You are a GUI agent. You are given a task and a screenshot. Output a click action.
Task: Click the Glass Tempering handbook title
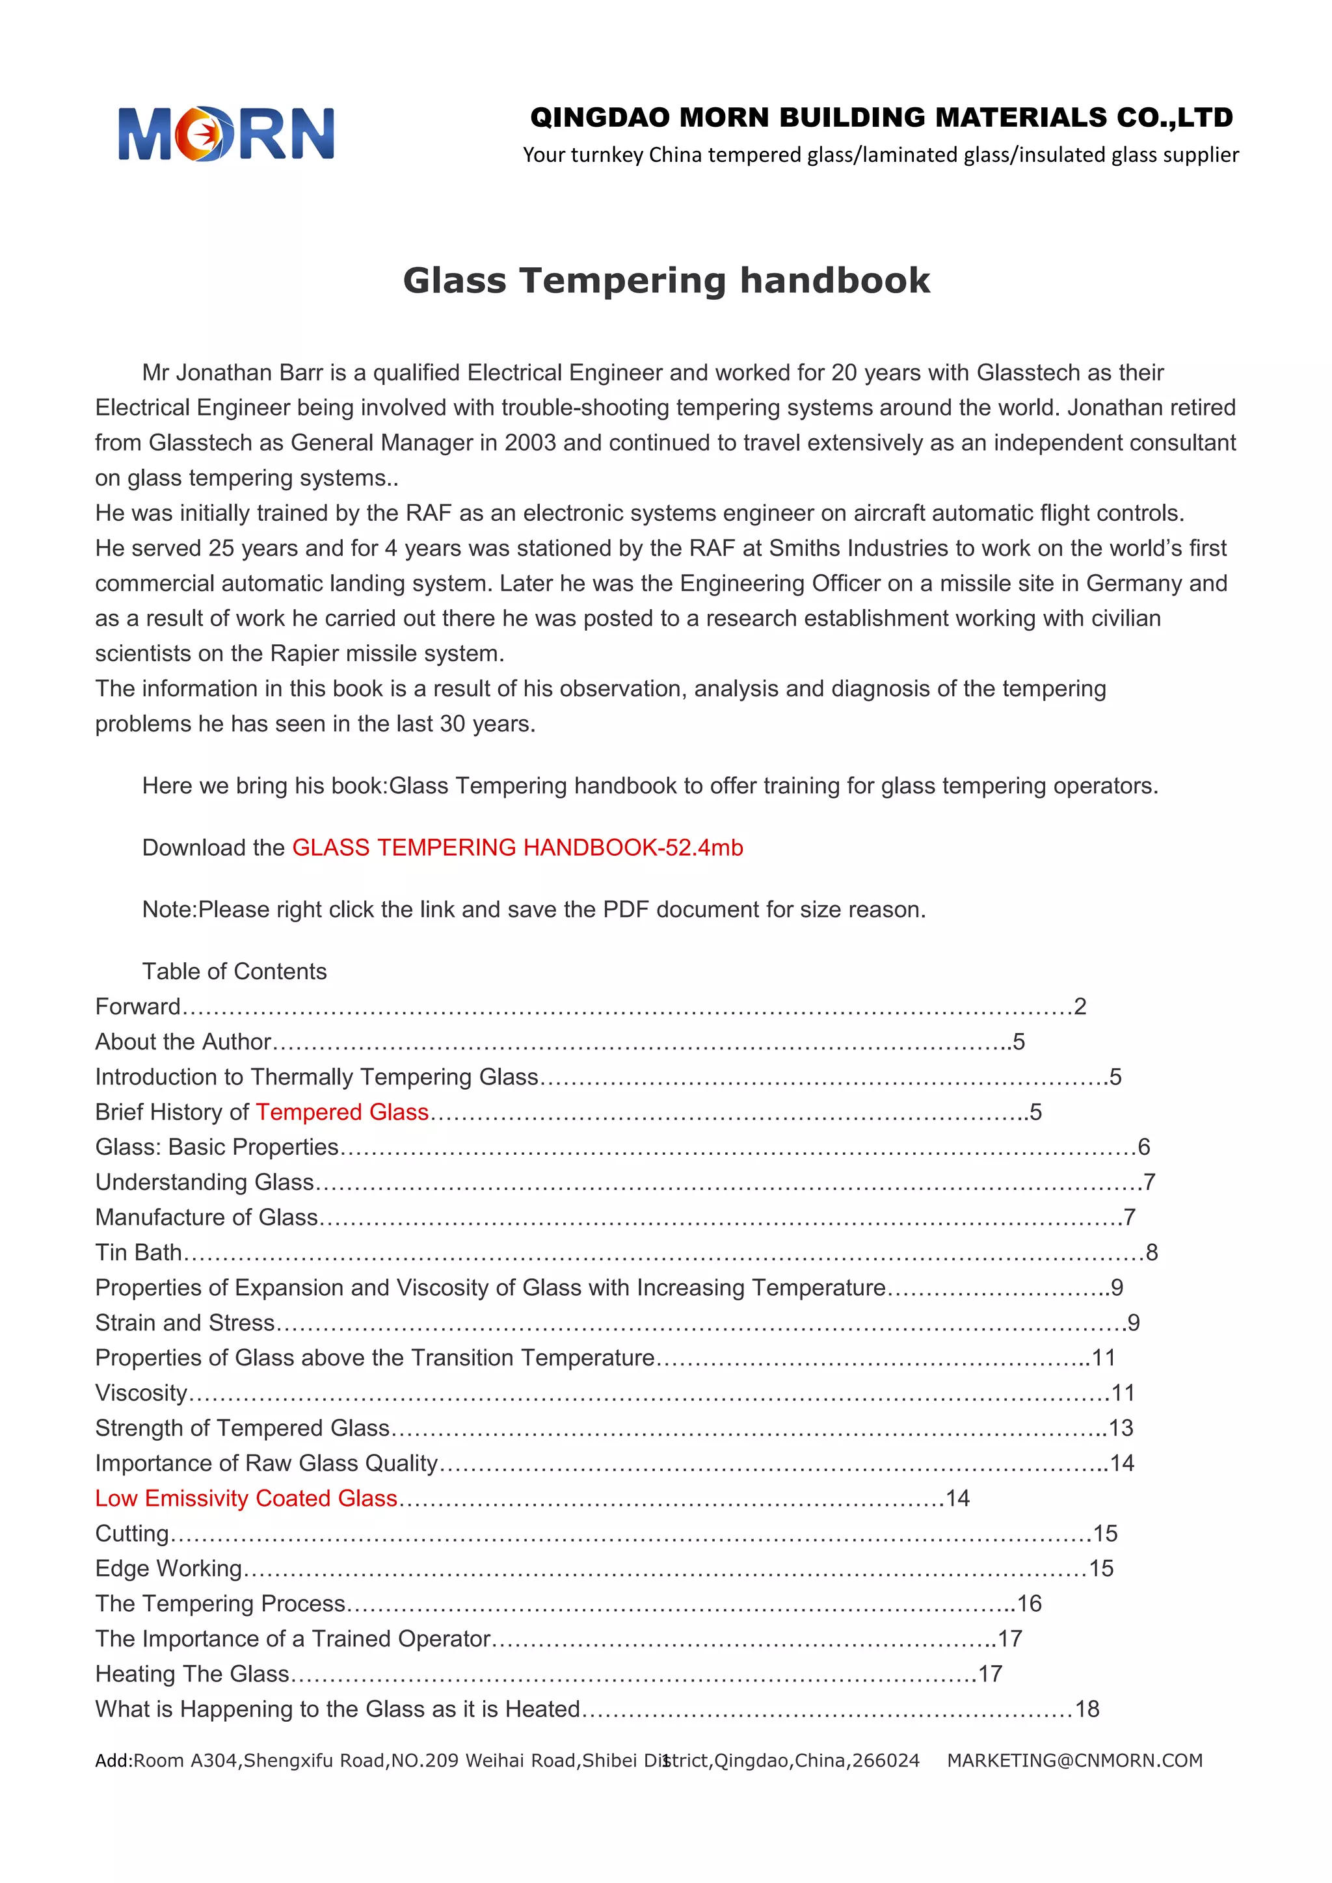[x=666, y=280]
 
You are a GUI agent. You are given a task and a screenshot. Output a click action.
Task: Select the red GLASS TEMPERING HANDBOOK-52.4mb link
[x=518, y=847]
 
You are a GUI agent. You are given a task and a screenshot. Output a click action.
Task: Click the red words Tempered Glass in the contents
[x=342, y=1111]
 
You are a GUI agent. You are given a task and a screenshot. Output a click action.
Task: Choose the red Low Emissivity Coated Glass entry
[x=246, y=1497]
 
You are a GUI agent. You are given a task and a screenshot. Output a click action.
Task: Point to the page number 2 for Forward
[x=1080, y=1007]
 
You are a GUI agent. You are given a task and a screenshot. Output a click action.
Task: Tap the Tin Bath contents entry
[x=138, y=1252]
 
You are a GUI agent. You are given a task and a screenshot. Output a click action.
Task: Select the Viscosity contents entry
[x=141, y=1393]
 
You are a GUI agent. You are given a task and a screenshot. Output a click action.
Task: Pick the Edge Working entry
[x=168, y=1568]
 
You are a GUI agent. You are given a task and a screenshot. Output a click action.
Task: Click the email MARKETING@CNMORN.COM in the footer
[x=1074, y=1760]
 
